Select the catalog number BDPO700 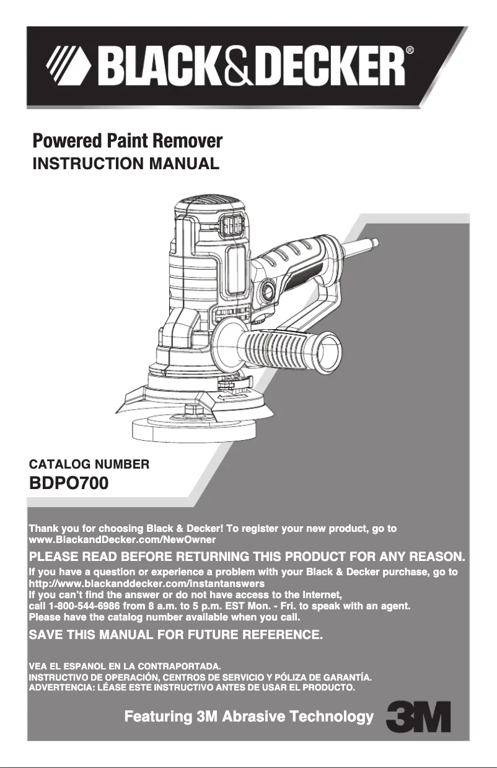(69, 482)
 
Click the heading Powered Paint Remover (127, 141)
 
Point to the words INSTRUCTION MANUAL (126, 164)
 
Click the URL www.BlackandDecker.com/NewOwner (122, 540)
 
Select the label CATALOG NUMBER (89, 464)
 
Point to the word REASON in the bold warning (435, 555)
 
